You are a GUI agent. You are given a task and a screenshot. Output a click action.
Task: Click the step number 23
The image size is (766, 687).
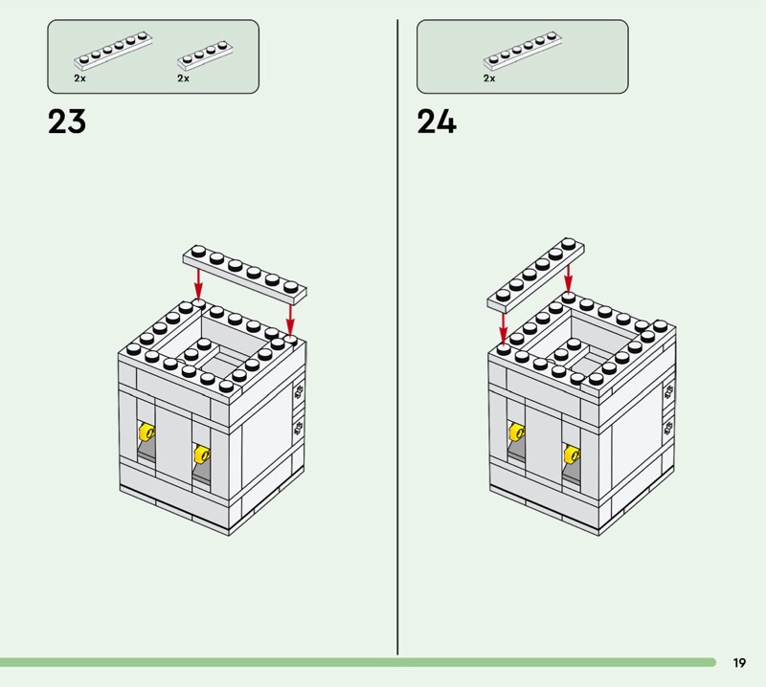click(x=67, y=122)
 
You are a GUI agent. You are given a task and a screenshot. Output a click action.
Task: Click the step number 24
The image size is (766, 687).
click(x=437, y=122)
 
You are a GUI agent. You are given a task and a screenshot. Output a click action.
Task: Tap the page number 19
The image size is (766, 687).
click(x=739, y=662)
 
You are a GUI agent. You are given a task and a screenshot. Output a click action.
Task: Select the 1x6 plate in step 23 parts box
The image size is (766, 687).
click(x=113, y=50)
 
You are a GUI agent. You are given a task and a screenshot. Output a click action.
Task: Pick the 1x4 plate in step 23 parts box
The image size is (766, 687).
click(x=205, y=56)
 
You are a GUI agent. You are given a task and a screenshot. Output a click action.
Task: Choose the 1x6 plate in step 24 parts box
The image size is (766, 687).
click(x=522, y=50)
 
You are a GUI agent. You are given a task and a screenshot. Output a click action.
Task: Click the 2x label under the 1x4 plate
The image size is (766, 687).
click(x=183, y=78)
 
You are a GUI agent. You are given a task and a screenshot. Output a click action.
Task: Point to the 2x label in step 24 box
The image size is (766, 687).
click(x=489, y=78)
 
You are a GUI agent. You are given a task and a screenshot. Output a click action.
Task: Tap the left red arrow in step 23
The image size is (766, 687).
click(x=198, y=282)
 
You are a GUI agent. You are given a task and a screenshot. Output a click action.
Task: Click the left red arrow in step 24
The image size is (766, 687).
click(x=504, y=328)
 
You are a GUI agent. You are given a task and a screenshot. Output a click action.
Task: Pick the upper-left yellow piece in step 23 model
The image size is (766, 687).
click(x=146, y=432)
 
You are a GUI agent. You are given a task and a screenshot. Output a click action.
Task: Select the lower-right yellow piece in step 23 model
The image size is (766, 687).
click(x=202, y=454)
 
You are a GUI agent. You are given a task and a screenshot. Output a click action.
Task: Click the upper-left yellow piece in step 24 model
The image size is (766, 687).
click(x=517, y=432)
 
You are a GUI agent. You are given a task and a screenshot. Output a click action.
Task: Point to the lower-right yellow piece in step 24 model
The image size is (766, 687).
click(x=572, y=454)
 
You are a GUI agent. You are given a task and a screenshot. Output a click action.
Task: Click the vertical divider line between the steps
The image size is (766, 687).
click(x=397, y=337)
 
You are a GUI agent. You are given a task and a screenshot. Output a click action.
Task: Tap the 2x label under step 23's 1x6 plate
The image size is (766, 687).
click(x=79, y=78)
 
